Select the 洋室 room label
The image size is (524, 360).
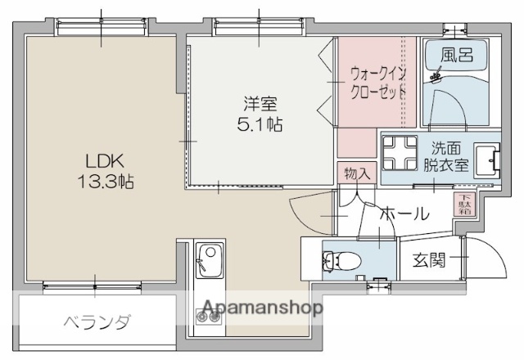click(x=260, y=106)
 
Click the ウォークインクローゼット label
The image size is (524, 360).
click(x=377, y=81)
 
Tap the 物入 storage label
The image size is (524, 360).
click(x=356, y=173)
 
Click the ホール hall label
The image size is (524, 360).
click(x=404, y=214)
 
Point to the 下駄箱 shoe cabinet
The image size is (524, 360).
click(x=463, y=204)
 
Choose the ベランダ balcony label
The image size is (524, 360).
click(x=97, y=322)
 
